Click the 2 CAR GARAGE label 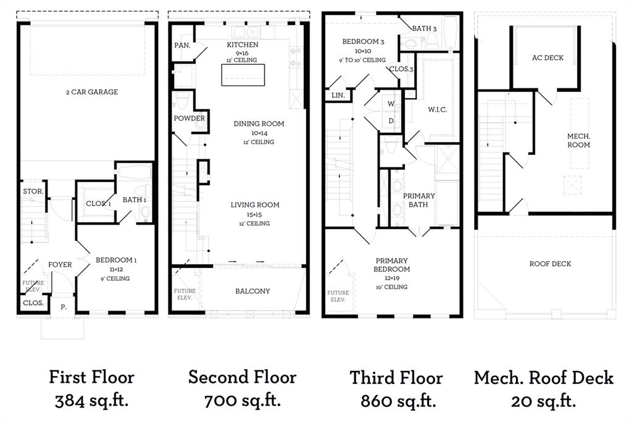coord(92,92)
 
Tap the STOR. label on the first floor coord(33,191)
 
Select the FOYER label coord(60,265)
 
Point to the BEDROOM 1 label coord(116,261)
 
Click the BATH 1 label coord(134,199)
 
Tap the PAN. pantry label coord(182,45)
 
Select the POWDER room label coord(189,119)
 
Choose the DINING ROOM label coord(259,123)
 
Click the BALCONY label coord(252,291)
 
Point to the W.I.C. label coord(437,109)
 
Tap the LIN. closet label coord(338,95)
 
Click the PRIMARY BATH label coord(419,200)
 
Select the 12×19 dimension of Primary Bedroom coord(392,278)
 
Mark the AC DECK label coord(547,58)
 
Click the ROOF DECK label coord(550,264)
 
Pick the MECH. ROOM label coord(578,140)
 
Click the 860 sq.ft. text coord(398,402)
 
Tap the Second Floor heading coord(242,377)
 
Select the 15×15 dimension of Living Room coord(255,214)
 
